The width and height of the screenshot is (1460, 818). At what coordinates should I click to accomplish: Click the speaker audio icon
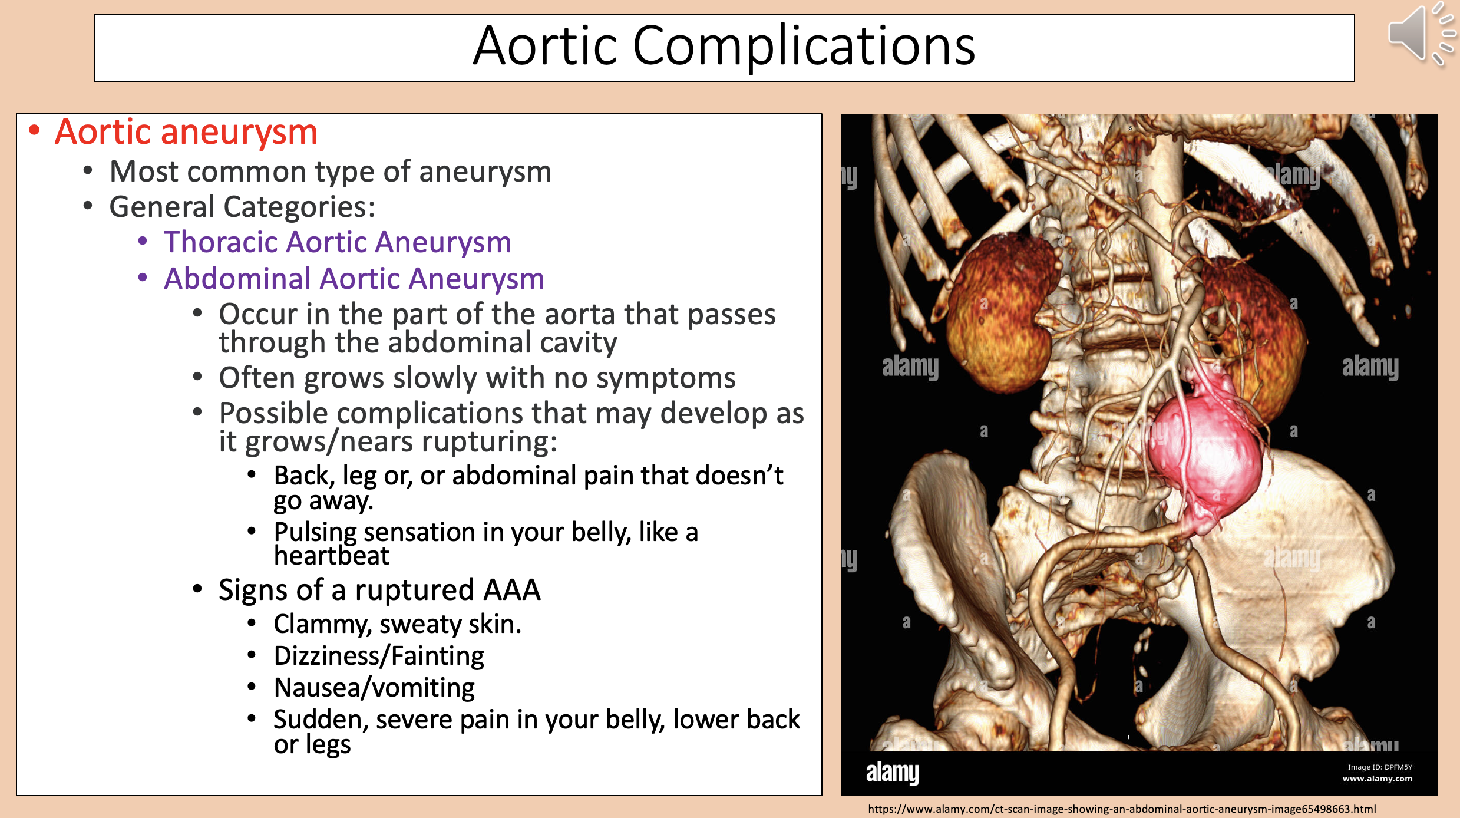pos(1420,34)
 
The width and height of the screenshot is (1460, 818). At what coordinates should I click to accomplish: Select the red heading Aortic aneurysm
pos(186,131)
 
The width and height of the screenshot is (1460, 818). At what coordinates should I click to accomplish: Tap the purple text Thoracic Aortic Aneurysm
pos(338,242)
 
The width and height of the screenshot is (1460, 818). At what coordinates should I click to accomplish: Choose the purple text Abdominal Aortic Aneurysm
pos(354,279)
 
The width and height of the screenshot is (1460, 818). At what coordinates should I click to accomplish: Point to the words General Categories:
pos(242,207)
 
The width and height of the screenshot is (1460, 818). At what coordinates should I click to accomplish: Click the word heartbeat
pos(332,556)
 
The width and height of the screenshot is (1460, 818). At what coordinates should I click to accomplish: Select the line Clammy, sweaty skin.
pos(398,624)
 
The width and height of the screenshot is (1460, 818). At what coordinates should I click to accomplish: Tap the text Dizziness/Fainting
pos(379,656)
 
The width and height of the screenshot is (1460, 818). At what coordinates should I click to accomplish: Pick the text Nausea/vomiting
pos(374,688)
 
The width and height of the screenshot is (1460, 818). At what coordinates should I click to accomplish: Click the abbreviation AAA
pos(511,590)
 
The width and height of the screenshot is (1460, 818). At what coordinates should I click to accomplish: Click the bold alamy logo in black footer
pos(892,772)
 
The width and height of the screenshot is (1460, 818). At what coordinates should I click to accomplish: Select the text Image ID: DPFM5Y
pos(1380,767)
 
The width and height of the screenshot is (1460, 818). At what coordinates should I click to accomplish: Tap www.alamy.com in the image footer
pos(1378,779)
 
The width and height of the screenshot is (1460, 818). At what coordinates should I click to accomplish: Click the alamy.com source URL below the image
pos(1122,809)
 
